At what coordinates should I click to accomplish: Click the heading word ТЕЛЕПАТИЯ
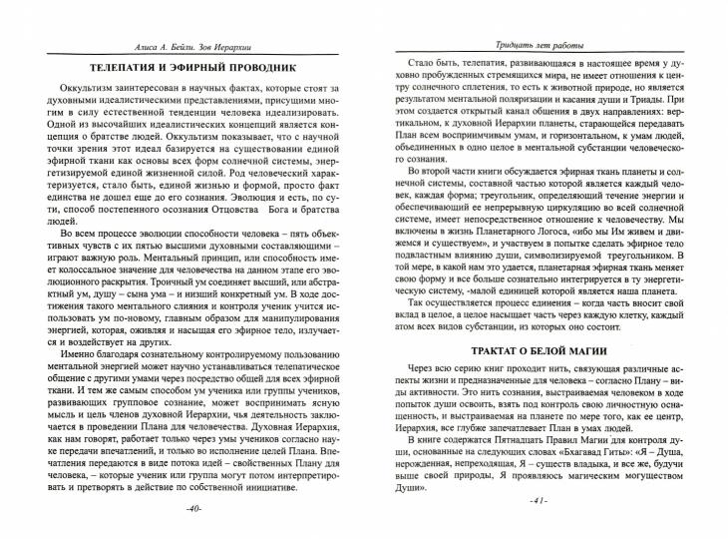127,69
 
